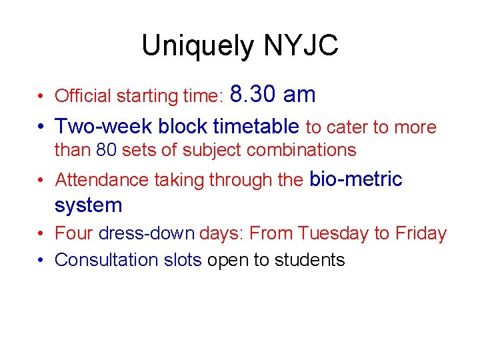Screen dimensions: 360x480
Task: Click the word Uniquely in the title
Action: click(198, 46)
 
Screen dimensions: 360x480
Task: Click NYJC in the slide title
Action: click(301, 46)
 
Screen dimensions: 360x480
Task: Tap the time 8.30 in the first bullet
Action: click(253, 95)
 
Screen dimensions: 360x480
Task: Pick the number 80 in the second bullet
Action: click(106, 150)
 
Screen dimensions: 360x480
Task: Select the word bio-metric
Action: click(355, 179)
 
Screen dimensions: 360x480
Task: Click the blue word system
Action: click(88, 205)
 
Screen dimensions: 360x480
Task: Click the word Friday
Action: click(420, 233)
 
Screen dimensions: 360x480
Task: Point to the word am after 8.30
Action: click(299, 95)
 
